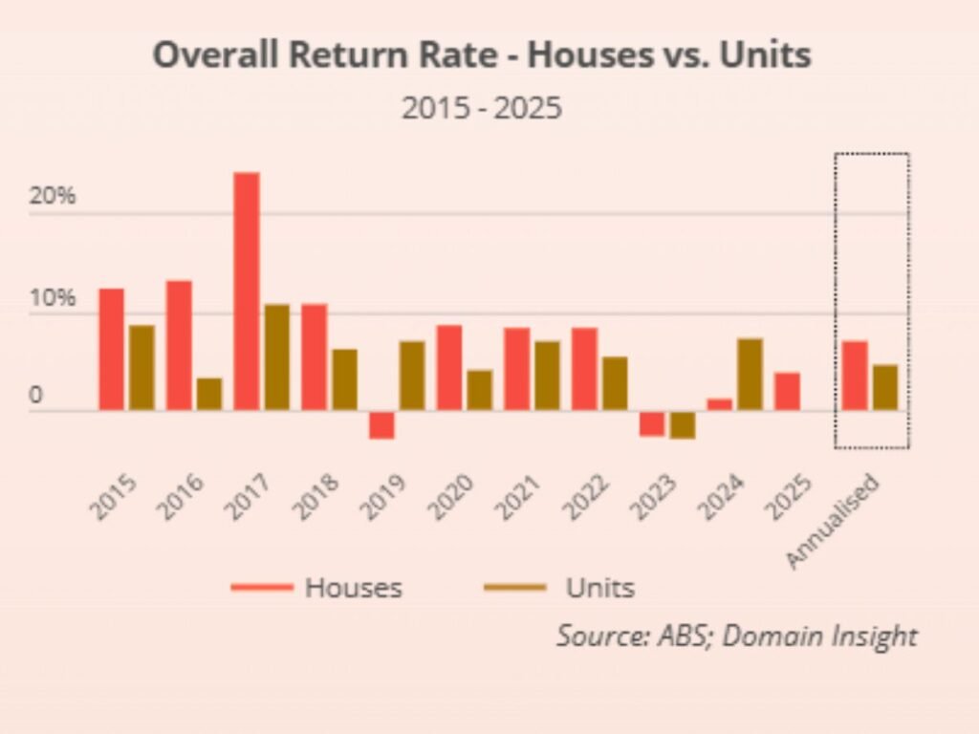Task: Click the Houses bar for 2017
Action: coord(246,291)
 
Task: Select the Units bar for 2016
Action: coord(208,394)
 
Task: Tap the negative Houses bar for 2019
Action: coord(381,425)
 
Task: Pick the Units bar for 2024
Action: coord(751,375)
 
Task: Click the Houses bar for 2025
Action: coord(787,392)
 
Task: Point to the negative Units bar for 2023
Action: coord(683,425)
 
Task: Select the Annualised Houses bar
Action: coord(855,376)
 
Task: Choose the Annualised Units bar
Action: coord(885,387)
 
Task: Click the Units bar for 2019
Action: coord(412,376)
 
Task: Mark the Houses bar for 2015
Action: coord(111,350)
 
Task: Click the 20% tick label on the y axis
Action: coord(53,197)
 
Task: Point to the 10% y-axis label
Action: coord(53,297)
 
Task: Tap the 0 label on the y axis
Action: coord(35,397)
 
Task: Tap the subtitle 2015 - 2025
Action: coord(481,108)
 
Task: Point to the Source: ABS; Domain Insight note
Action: coord(736,636)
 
